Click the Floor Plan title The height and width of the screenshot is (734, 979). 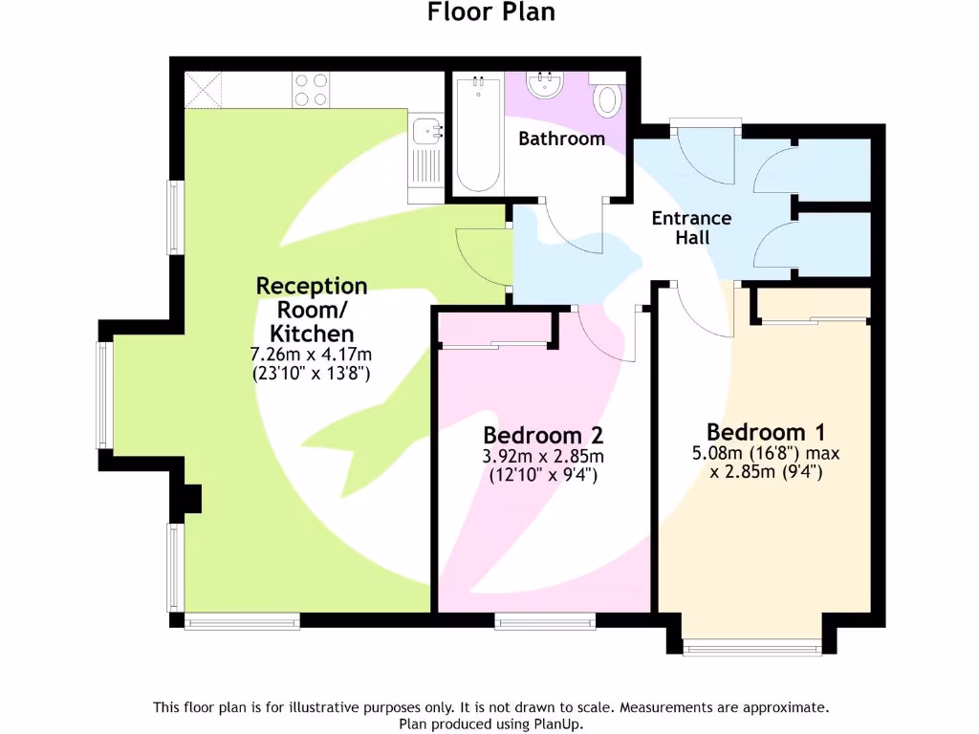point(490,12)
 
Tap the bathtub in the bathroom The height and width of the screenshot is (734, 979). point(476,134)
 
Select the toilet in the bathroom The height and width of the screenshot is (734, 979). point(606,98)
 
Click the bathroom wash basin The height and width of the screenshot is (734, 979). point(547,84)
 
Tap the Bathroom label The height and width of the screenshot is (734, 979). point(561,139)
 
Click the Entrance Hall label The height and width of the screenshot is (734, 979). point(691,227)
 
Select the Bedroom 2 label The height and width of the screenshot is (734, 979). point(542,435)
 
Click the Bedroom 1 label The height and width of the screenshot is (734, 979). point(765,431)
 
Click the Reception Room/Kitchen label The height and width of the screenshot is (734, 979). point(312,310)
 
